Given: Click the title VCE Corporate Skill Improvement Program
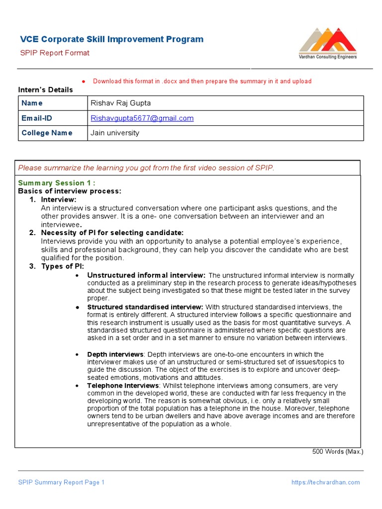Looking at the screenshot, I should pos(111,39).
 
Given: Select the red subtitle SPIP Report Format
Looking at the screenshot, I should pos(55,53).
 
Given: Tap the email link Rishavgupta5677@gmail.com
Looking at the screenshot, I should pos(142,118).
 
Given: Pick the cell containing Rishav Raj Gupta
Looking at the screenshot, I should pos(120,103).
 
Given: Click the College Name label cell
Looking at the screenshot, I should pos(47,133).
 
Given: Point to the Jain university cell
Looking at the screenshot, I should pos(115,133).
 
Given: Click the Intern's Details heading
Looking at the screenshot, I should pos(45,90).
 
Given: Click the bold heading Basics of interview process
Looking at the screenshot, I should pos(70,191).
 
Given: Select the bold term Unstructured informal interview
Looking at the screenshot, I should pos(146,275).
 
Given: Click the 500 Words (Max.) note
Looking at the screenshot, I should pos(337,452).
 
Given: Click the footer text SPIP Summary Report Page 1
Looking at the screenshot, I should pos(61,482).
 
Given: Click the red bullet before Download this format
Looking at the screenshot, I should pos(84,82).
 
